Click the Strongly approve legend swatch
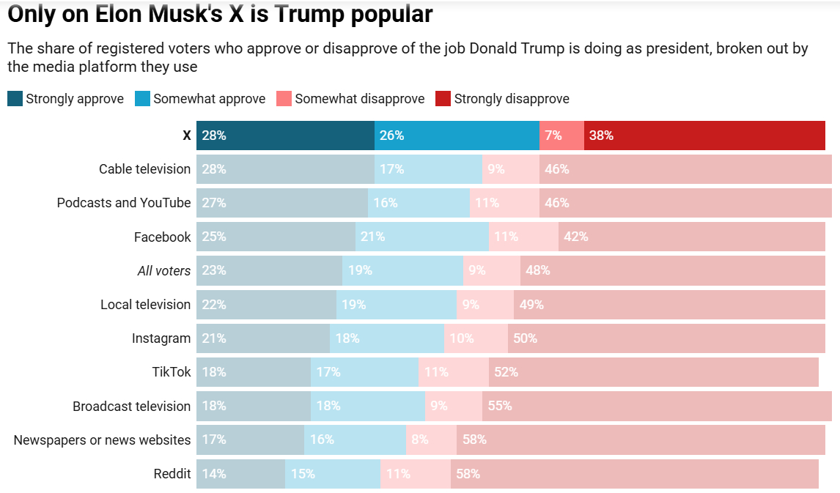(x=15, y=99)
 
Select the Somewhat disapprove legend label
(x=359, y=99)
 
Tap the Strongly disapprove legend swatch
(x=443, y=99)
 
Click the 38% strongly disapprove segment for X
(x=704, y=136)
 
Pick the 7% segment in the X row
(x=561, y=136)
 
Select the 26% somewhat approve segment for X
(x=457, y=136)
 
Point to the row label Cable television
(x=144, y=169)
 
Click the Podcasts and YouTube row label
(x=124, y=203)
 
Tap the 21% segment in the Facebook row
(x=422, y=237)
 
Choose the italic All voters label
(x=163, y=271)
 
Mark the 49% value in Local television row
(x=531, y=305)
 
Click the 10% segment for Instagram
(x=476, y=338)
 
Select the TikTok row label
(x=172, y=372)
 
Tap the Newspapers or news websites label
(x=102, y=440)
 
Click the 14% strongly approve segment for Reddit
(x=240, y=474)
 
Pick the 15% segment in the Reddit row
(x=333, y=474)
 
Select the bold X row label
(x=186, y=136)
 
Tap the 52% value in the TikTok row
(x=506, y=372)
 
